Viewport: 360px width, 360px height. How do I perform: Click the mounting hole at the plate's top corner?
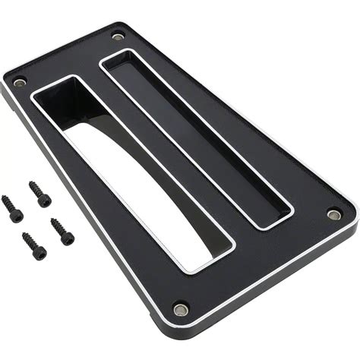pos(118,36)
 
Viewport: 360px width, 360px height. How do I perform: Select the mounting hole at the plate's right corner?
pos(334,214)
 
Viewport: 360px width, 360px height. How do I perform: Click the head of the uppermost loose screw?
pos(45,201)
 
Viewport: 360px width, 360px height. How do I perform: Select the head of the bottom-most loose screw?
pos(39,252)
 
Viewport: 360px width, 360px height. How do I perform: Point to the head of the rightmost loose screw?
pos(68,238)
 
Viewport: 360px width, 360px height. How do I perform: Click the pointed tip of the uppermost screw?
pos(30,183)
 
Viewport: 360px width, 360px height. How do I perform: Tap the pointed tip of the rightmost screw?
pos(52,220)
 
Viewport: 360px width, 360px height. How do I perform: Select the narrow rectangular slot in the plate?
pos(197,141)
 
